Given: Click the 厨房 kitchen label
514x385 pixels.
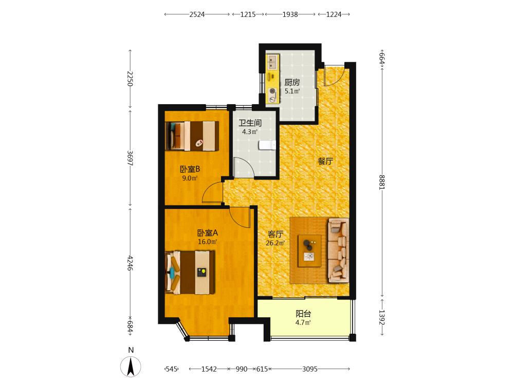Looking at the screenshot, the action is click(x=292, y=83).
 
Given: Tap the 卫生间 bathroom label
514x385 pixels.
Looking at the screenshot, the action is click(x=250, y=123).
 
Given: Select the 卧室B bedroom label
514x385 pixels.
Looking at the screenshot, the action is click(x=190, y=169).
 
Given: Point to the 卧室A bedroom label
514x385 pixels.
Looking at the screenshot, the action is click(x=207, y=233).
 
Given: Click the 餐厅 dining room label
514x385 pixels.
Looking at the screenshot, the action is click(x=325, y=161).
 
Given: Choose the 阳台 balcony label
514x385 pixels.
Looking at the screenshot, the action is click(x=303, y=314).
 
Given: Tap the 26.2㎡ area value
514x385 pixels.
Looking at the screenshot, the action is click(x=275, y=243).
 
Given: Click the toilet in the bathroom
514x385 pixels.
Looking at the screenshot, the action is click(x=267, y=145).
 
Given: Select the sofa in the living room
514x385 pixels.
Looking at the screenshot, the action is click(x=338, y=251).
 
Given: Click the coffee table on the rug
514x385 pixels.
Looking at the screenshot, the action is click(x=309, y=251).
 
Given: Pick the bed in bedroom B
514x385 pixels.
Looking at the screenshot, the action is click(x=192, y=136).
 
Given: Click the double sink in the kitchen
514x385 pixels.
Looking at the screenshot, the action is click(x=272, y=62).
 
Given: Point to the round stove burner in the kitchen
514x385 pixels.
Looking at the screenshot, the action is click(x=272, y=91).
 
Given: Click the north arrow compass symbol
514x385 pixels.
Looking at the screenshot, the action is click(x=131, y=367).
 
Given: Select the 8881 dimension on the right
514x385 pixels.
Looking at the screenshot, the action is click(x=382, y=182).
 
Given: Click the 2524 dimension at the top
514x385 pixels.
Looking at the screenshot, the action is click(x=197, y=14).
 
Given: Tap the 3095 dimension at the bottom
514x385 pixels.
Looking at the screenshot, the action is click(x=310, y=369).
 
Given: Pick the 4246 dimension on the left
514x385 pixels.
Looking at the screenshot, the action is click(x=130, y=263).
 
